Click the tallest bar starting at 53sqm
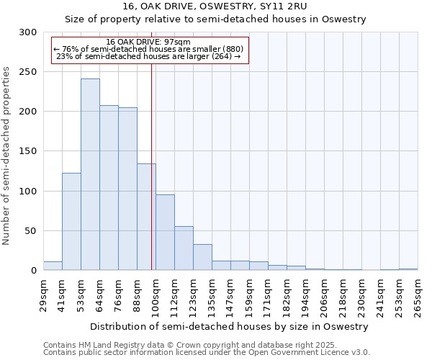click(x=90, y=174)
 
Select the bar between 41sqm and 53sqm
click(x=71, y=222)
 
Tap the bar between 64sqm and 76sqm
click(x=109, y=188)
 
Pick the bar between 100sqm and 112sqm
click(x=165, y=233)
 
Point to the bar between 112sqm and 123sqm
click(x=184, y=248)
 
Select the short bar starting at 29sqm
click(x=53, y=266)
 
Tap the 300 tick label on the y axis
click(x=28, y=32)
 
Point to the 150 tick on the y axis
click(x=28, y=151)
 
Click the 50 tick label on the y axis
click(x=31, y=231)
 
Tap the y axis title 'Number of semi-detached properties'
click(x=7, y=156)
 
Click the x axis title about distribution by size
click(x=230, y=326)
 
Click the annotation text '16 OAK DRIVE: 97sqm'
click(x=148, y=42)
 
